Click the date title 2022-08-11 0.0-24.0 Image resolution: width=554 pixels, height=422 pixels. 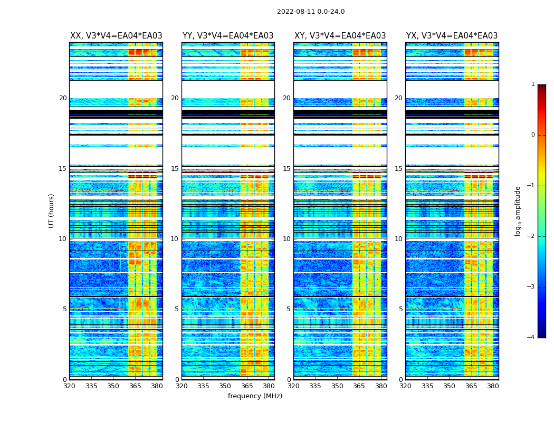[x=311, y=12]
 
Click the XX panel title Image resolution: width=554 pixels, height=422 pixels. [x=116, y=36]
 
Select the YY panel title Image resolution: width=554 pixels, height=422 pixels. [x=228, y=36]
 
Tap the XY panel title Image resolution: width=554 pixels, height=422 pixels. [x=340, y=36]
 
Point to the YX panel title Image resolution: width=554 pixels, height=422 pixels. [x=452, y=36]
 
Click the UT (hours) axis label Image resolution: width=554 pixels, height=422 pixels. [x=52, y=210]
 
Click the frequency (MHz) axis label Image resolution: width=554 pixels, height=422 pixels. [x=255, y=396]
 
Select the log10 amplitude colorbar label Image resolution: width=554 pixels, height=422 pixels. [x=518, y=210]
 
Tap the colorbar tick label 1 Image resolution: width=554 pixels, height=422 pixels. [x=533, y=84]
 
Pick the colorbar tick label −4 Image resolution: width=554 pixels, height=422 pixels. [x=531, y=338]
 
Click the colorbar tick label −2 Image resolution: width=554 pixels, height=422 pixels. [x=531, y=236]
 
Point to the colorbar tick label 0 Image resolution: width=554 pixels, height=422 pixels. [x=533, y=135]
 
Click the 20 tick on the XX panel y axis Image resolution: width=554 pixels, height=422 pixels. [x=63, y=98]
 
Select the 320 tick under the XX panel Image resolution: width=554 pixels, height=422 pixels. [x=69, y=386]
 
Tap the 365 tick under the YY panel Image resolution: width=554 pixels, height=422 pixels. [x=247, y=386]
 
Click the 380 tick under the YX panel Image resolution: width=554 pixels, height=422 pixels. [x=493, y=386]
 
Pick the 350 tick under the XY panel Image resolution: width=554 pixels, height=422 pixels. [x=337, y=386]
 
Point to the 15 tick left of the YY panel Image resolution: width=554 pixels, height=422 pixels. [x=175, y=169]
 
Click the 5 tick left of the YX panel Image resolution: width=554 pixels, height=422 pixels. [x=400, y=309]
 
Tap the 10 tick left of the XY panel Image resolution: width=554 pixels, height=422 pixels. [x=286, y=239]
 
